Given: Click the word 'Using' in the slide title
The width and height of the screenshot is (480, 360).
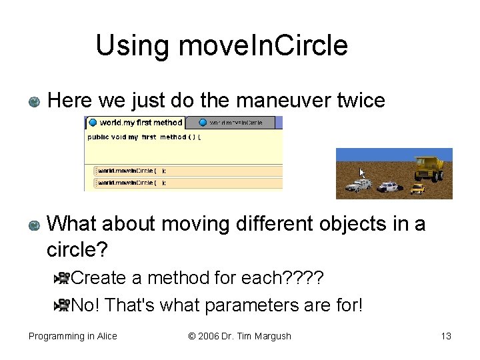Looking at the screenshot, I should tap(133, 46).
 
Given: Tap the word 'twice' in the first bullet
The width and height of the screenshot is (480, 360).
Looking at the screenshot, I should tap(361, 101).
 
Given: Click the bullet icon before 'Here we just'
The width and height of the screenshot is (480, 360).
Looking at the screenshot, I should tap(35, 102).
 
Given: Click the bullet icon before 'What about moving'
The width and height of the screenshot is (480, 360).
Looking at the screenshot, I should tap(35, 225).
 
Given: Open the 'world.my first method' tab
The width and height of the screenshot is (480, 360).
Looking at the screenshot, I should tap(136, 123).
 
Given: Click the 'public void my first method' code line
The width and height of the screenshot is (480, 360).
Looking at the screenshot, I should tap(143, 137).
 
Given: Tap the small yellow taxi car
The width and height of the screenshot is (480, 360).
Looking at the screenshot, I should tap(417, 189).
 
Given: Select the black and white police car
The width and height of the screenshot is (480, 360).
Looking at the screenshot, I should tap(387, 187).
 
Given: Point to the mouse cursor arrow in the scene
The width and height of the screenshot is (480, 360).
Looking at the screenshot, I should tap(363, 173).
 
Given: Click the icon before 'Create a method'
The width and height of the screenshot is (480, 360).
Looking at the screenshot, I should tap(62, 278).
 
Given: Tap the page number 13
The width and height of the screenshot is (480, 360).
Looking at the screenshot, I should tap(445, 336).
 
